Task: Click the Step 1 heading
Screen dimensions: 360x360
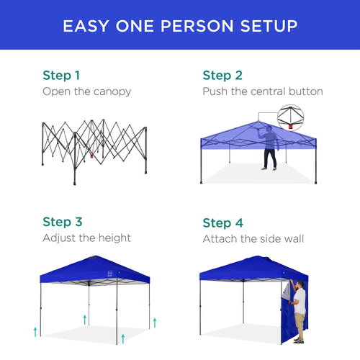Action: tap(61, 75)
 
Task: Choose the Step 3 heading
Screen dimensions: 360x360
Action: tap(62, 222)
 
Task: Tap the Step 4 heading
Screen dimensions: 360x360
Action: tap(222, 222)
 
